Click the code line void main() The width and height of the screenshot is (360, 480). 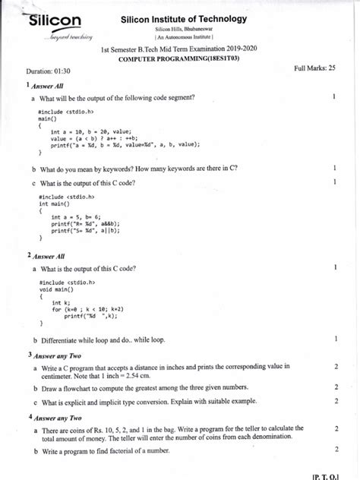pos(55,288)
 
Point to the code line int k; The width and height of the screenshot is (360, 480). pos(60,302)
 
